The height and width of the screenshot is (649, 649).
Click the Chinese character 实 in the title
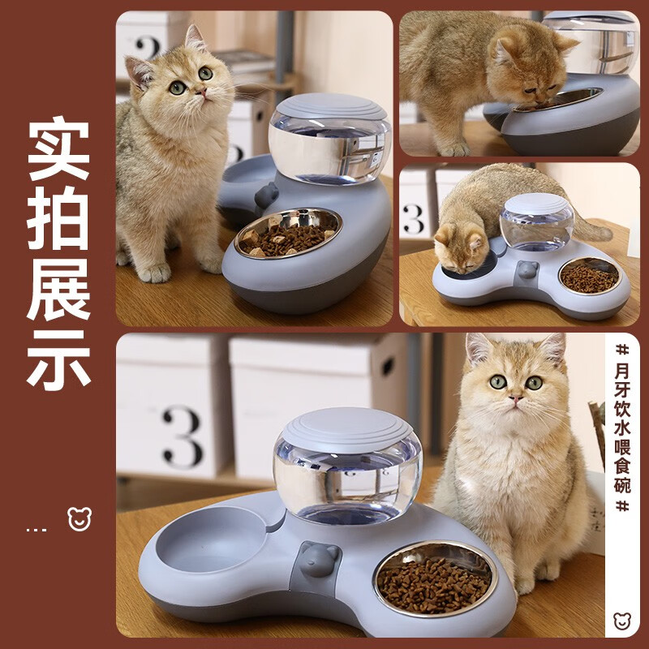coord(58,152)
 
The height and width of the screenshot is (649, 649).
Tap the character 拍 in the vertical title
coord(58,221)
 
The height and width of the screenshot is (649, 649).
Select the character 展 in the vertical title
coord(58,290)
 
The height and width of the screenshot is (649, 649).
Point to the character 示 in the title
coord(58,358)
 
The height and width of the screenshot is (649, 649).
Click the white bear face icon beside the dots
coord(80,519)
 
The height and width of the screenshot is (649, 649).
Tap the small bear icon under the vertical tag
coord(622,621)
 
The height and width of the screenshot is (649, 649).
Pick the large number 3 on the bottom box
coord(182,436)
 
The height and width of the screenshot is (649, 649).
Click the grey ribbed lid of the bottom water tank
coord(348,428)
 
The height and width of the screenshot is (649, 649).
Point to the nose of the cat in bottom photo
coord(515,399)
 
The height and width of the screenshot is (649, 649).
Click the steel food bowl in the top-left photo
coord(288,232)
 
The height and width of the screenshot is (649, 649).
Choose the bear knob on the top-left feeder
coord(266,195)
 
